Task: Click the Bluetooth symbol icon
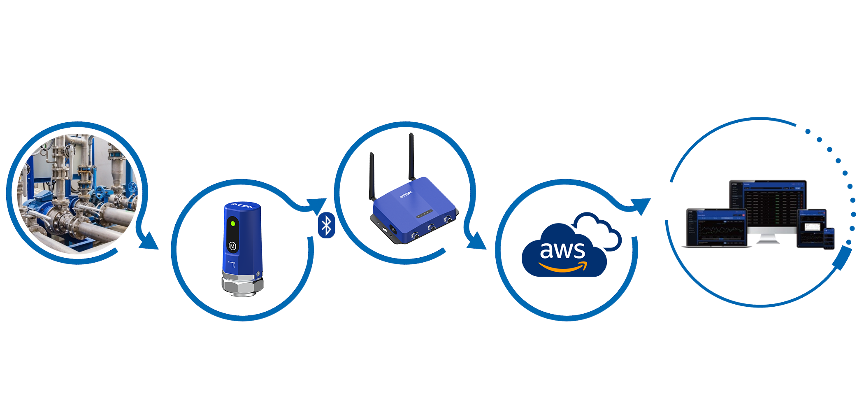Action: click(326, 225)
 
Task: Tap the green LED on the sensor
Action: click(232, 224)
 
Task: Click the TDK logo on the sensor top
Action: click(244, 205)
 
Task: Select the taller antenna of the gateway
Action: click(411, 156)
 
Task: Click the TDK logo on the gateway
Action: click(406, 194)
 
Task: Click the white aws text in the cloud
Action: click(562, 250)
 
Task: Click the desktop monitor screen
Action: click(768, 204)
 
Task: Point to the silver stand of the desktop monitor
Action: click(768, 239)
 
